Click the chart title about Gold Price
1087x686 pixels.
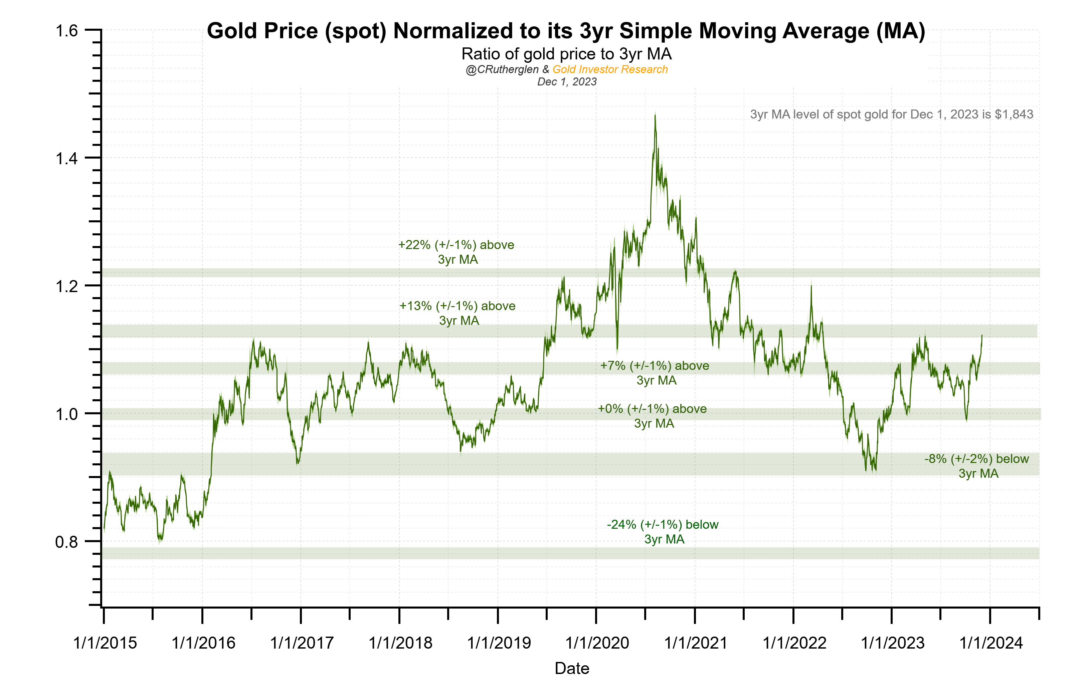(x=566, y=31)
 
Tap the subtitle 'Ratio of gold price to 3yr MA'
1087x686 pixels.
(x=566, y=54)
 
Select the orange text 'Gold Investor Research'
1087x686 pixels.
(x=609, y=69)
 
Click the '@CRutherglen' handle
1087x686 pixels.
(x=502, y=69)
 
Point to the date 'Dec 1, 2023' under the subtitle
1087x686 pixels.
(x=566, y=82)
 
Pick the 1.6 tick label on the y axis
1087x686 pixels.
(x=66, y=31)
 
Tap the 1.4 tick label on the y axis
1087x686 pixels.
(x=66, y=159)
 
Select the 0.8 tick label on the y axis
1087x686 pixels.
(x=66, y=541)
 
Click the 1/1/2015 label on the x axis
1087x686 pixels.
(x=105, y=643)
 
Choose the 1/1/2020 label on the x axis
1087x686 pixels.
(x=597, y=643)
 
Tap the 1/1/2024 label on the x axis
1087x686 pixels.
(x=990, y=643)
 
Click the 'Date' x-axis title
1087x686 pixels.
(x=571, y=668)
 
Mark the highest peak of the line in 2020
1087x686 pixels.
(x=655, y=116)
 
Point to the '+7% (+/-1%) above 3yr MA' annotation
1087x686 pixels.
(x=655, y=373)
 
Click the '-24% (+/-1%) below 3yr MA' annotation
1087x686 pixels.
(x=663, y=532)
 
